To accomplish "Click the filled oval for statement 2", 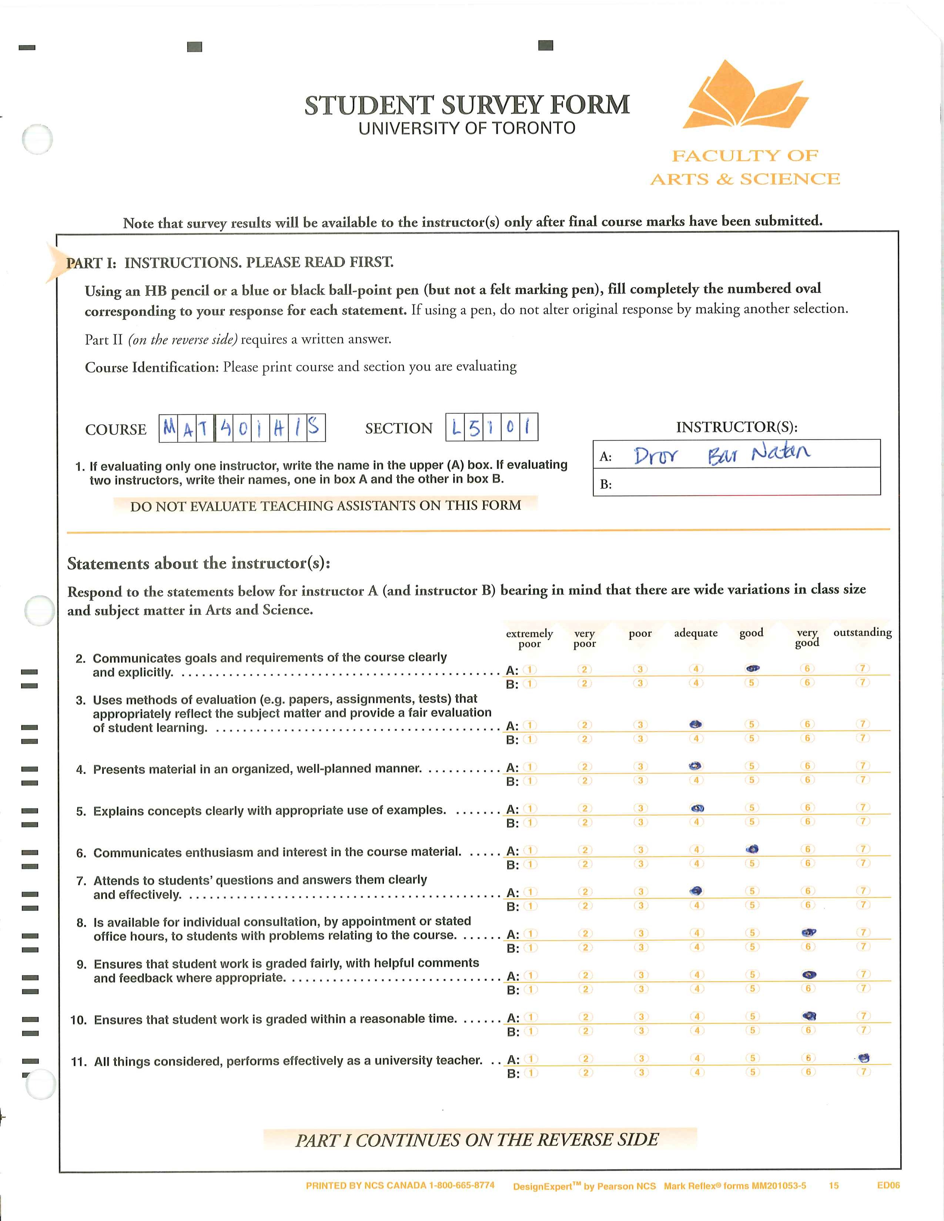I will pos(752,668).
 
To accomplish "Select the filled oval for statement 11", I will pos(864,1058).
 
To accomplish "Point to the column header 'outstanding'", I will pos(862,632).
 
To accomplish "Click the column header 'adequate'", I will pos(696,633).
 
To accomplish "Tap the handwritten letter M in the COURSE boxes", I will pos(169,428).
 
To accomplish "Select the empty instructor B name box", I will pos(744,482).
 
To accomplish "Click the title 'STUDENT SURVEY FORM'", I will pos(467,105).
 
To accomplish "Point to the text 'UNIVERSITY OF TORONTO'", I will pos(467,129).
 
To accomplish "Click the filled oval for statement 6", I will pos(753,849).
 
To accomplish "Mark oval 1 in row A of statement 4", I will pos(530,767).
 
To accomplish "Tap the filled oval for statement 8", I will pos(809,932).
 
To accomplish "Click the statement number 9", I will pos(82,964).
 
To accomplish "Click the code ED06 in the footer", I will pos(888,1185).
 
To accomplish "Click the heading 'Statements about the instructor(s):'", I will pos(198,564).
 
